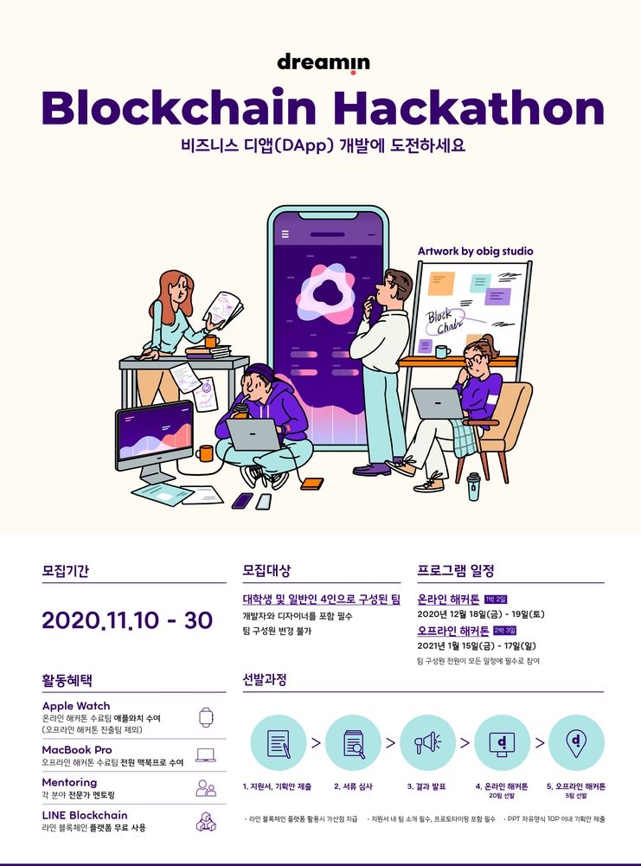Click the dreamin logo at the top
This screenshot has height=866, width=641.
[323, 63]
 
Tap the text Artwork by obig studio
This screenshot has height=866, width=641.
[476, 251]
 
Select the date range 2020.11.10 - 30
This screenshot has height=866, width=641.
[127, 620]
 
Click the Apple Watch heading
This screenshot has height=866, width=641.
[76, 706]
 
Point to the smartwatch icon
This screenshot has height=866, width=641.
[206, 717]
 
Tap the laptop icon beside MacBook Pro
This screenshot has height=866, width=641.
[206, 755]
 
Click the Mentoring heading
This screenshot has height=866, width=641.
[69, 782]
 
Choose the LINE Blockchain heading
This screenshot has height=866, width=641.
[85, 815]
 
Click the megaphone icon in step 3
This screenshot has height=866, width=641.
[428, 743]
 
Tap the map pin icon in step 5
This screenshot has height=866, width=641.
[576, 742]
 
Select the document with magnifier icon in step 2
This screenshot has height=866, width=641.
[354, 744]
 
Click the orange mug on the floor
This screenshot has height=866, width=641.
[204, 452]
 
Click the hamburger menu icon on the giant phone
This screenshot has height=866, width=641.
[285, 234]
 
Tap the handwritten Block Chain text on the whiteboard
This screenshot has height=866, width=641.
[445, 322]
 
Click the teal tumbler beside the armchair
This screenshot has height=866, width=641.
[473, 486]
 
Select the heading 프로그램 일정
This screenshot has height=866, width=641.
[456, 570]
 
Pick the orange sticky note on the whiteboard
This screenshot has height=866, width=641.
[441, 283]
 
